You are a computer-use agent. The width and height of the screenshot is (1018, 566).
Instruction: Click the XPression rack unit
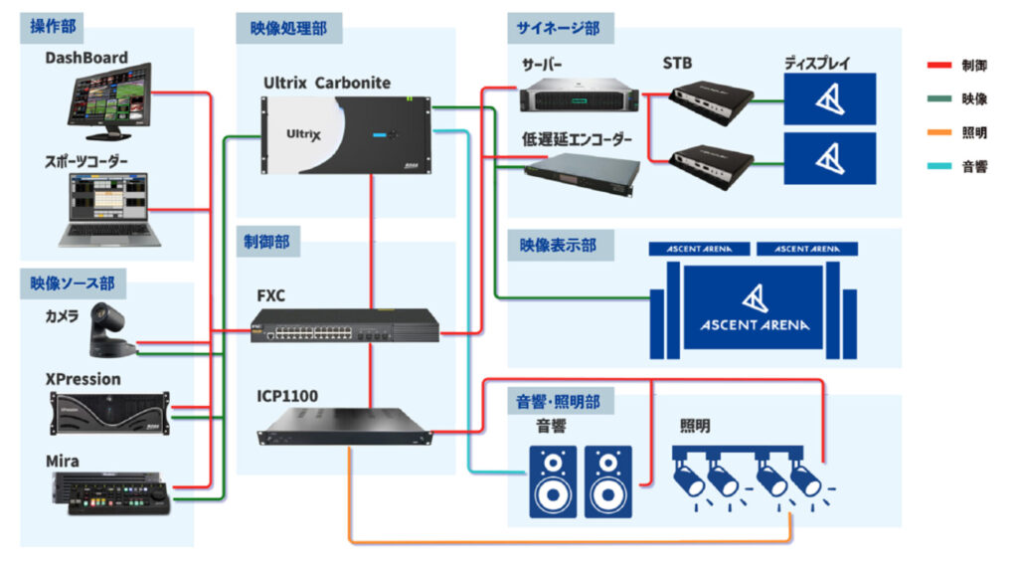click(109, 413)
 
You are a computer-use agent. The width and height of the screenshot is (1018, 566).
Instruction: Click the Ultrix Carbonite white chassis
click(344, 134)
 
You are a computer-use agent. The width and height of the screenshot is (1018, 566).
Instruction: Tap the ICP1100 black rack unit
click(344, 425)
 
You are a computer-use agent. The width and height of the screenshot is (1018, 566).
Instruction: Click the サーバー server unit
click(579, 94)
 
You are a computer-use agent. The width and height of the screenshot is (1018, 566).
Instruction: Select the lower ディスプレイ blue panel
click(830, 159)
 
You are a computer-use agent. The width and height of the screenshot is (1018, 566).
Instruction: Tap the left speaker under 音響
click(553, 480)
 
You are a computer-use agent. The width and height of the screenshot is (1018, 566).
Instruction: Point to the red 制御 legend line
click(938, 65)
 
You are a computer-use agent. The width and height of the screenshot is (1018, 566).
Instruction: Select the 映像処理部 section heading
click(289, 29)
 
